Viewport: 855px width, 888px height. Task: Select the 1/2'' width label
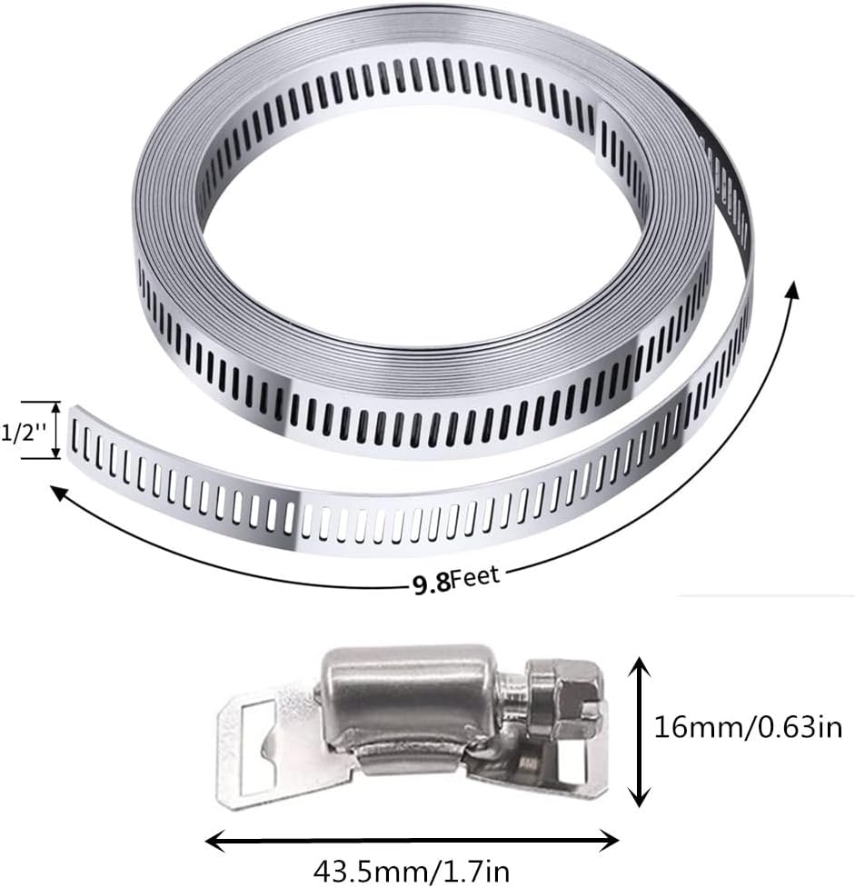point(24,431)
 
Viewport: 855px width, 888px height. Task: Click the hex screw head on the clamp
point(562,700)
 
